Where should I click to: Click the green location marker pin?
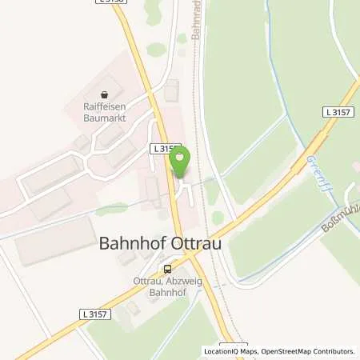[179, 160]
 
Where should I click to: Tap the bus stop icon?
[168, 269]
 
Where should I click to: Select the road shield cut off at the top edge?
[110, 2]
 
